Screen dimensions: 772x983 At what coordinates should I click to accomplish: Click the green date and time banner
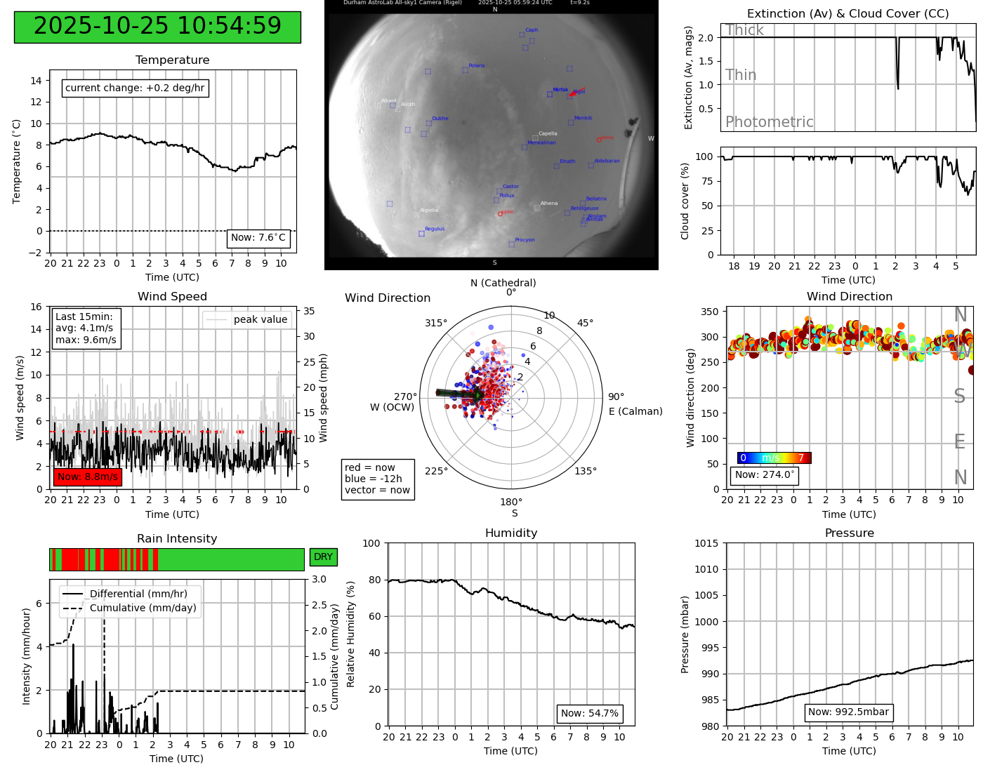[x=157, y=27]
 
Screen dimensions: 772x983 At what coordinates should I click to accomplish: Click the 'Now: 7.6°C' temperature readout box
[x=258, y=238]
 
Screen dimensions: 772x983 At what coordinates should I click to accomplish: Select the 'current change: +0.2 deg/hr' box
[x=135, y=88]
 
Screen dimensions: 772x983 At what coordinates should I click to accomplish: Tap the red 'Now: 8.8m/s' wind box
[x=88, y=477]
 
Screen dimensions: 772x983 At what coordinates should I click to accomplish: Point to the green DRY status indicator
[x=323, y=557]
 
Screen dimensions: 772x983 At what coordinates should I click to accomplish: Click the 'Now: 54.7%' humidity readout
[x=590, y=714]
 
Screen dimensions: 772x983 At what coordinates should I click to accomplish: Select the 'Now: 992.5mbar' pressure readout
[x=848, y=712]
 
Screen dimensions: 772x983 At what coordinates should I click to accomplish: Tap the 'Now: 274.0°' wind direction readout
[x=765, y=475]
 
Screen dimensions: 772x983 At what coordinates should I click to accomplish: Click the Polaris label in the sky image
[x=477, y=66]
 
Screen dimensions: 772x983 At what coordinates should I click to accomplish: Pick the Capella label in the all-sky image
[x=548, y=133]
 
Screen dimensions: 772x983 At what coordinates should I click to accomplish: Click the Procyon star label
[x=525, y=240]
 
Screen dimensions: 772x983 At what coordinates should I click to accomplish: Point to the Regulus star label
[x=435, y=229]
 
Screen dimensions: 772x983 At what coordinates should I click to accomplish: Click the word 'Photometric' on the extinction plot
[x=769, y=122]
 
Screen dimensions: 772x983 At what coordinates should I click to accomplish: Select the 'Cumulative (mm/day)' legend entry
[x=143, y=608]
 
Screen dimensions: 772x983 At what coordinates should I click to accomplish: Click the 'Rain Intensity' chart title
[x=177, y=538]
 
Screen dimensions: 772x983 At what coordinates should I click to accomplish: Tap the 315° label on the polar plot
[x=435, y=324]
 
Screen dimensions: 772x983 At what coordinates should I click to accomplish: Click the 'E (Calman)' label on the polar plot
[x=635, y=411]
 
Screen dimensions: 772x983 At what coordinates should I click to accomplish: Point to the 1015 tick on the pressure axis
[x=706, y=543]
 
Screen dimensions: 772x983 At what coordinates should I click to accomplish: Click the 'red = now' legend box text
[x=370, y=467]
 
